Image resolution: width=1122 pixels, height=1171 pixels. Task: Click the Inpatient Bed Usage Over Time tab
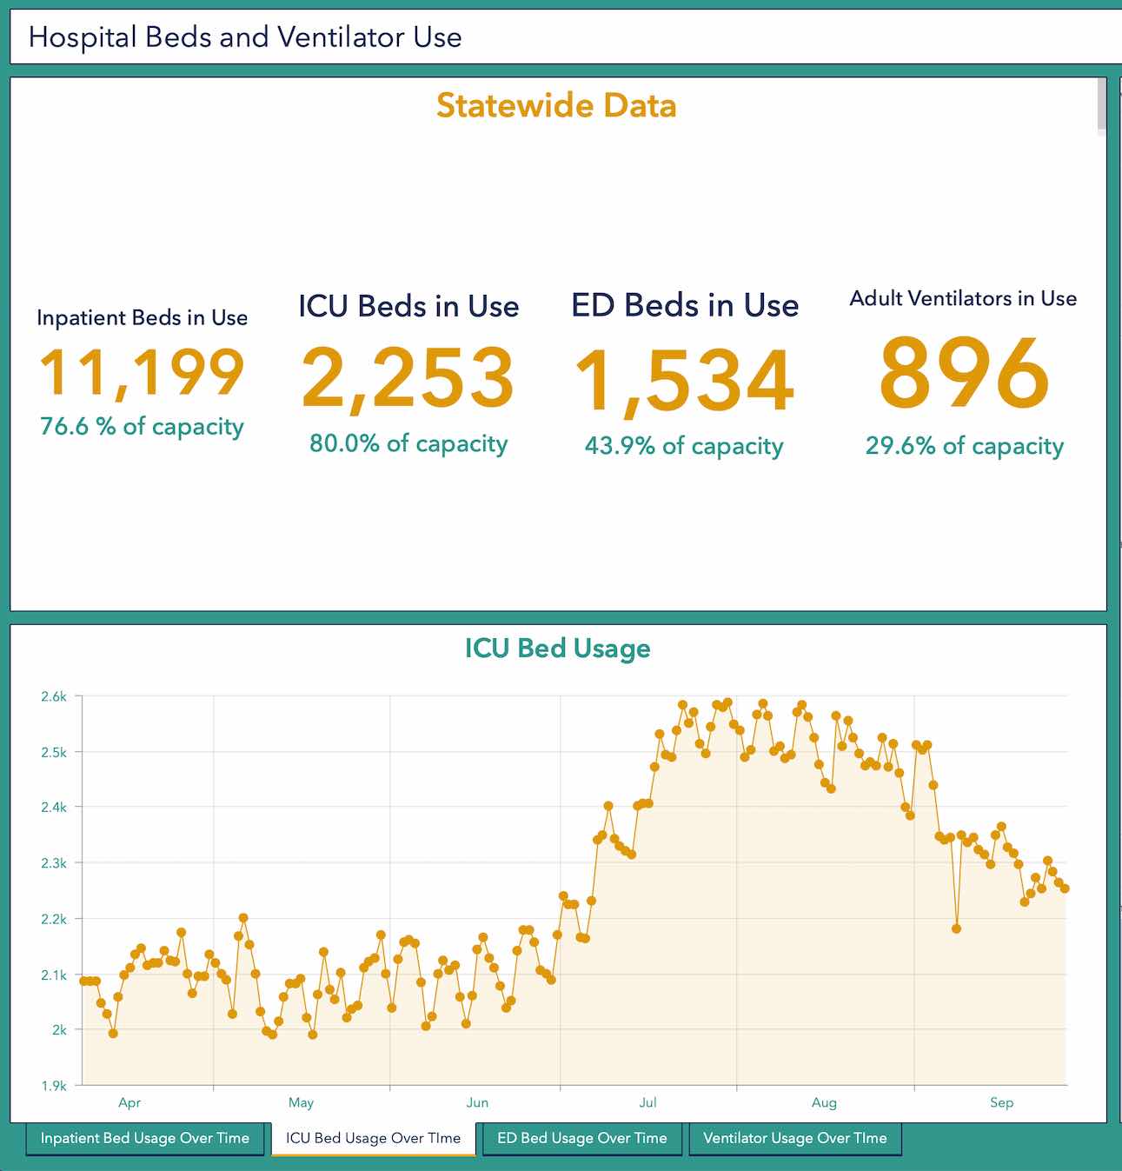pyautogui.click(x=144, y=1138)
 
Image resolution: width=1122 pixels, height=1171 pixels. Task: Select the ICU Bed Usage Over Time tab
pyautogui.click(x=373, y=1138)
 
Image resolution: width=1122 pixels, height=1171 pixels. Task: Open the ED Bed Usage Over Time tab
pyautogui.click(x=581, y=1138)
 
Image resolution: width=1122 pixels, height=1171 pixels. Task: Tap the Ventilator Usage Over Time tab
pyautogui.click(x=794, y=1138)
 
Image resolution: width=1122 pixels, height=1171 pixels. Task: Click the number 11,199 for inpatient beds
pyautogui.click(x=143, y=373)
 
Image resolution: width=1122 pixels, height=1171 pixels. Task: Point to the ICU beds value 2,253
pyautogui.click(x=408, y=378)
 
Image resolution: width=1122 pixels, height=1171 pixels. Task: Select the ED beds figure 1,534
pyautogui.click(x=684, y=381)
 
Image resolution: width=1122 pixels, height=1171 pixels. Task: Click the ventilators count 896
pyautogui.click(x=964, y=374)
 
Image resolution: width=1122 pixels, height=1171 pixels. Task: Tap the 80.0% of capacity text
pyautogui.click(x=408, y=443)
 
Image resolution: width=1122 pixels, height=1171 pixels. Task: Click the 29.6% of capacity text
pyautogui.click(x=964, y=446)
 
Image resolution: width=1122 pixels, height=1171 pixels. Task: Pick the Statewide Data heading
pyautogui.click(x=556, y=105)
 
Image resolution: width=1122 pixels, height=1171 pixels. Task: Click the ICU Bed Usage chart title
pyautogui.click(x=557, y=649)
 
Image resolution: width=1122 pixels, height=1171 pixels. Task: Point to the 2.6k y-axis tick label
pyautogui.click(x=54, y=696)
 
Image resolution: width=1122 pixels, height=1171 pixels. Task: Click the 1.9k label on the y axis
pyautogui.click(x=54, y=1085)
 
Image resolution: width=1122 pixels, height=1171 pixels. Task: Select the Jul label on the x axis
pyautogui.click(x=647, y=1102)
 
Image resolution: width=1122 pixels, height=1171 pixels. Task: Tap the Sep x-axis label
pyautogui.click(x=1001, y=1102)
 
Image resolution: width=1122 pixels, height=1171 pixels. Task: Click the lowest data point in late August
pyautogui.click(x=956, y=928)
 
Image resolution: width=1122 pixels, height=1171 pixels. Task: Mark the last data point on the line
pyautogui.click(x=1065, y=888)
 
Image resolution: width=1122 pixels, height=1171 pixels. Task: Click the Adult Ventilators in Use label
pyautogui.click(x=963, y=298)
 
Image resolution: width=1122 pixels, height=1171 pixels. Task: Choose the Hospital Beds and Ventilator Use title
pyautogui.click(x=245, y=37)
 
